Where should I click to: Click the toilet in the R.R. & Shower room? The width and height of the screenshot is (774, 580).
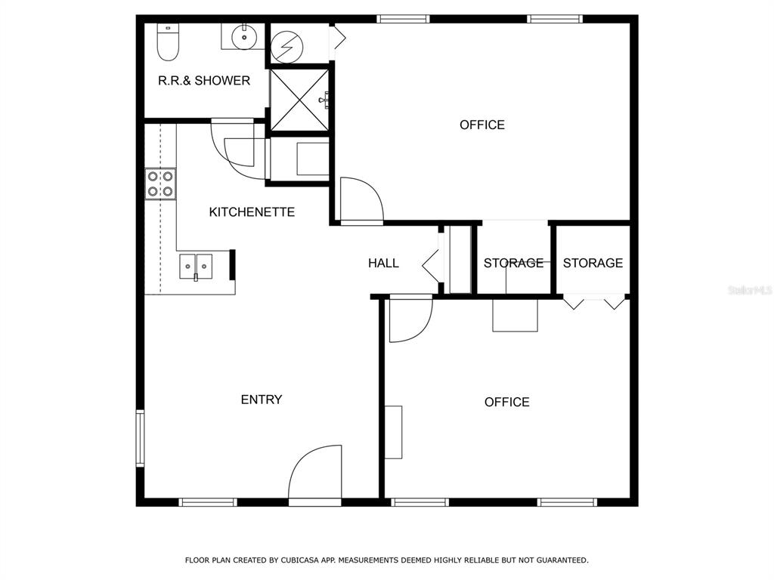168,42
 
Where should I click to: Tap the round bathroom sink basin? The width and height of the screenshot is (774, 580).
244,36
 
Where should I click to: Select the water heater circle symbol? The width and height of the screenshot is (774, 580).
286,48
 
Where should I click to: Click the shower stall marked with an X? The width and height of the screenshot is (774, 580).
299,100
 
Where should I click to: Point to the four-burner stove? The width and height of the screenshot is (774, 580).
160,184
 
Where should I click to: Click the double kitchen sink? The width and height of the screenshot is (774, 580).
196,267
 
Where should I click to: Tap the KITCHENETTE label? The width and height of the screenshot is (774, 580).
252,212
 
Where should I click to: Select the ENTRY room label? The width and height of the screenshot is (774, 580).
261,400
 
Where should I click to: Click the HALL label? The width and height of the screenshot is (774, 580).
383,264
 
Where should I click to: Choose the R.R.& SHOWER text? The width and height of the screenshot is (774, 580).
204,80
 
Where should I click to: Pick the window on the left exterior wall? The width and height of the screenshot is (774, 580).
140,438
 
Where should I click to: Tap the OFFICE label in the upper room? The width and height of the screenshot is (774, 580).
482,125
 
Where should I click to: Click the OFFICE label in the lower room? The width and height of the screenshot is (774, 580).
507,402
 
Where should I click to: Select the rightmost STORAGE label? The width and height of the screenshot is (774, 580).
593,263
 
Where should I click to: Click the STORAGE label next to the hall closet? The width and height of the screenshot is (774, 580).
513,263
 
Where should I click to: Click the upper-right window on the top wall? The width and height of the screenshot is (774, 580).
555,19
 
